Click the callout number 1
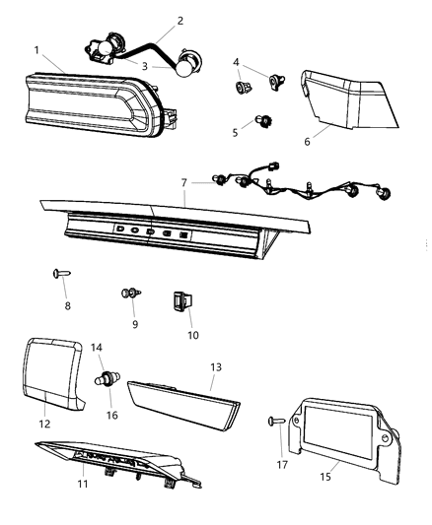pyautogui.click(x=36, y=49)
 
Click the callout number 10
pyautogui.click(x=192, y=335)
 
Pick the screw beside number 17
pyautogui.click(x=275, y=421)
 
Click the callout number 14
pyautogui.click(x=97, y=347)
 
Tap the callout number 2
pyautogui.click(x=180, y=20)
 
